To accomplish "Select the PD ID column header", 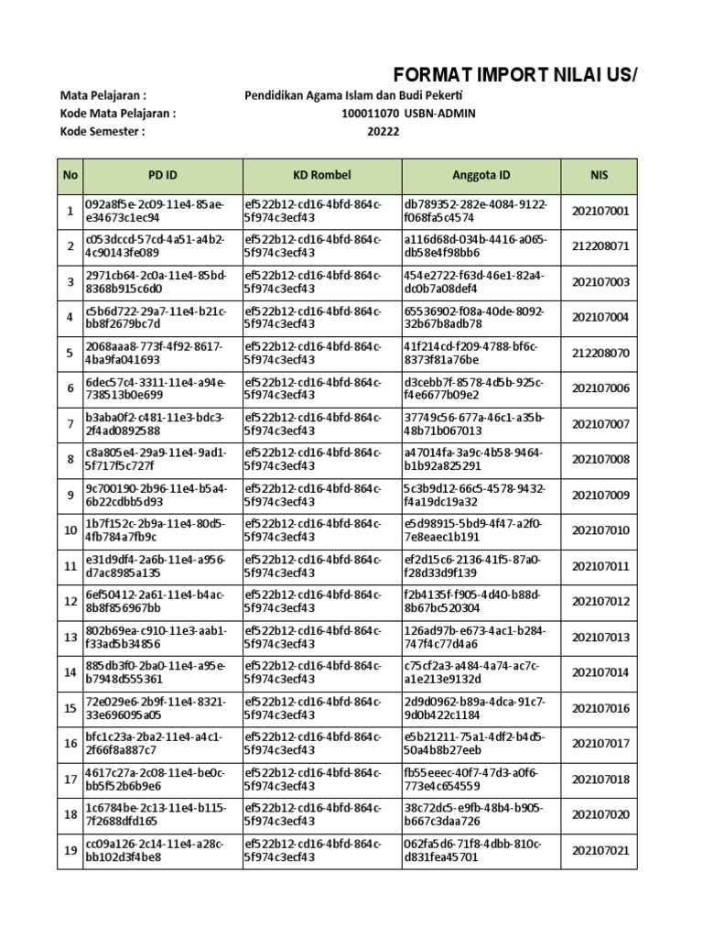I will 162,175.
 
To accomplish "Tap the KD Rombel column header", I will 321,175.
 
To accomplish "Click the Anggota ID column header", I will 481,175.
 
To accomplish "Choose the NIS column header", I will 600,175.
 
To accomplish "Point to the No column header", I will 69,175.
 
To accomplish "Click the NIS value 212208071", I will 600,247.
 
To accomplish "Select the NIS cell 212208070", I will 600,353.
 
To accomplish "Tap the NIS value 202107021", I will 600,851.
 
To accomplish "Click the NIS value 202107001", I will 600,212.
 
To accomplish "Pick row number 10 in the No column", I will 69,530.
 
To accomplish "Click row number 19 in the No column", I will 69,851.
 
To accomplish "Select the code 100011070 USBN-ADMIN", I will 407,114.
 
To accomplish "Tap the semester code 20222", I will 383,132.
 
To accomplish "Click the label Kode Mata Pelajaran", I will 116,114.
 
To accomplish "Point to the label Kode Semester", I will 102,132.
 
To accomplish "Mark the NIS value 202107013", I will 600,638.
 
